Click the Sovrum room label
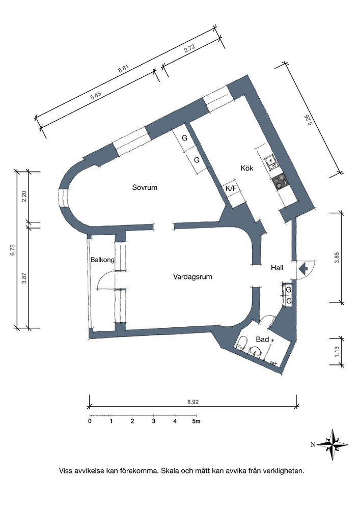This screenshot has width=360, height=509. click(x=145, y=187)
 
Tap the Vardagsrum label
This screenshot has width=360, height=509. click(x=192, y=277)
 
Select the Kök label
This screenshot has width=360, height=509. click(x=247, y=168)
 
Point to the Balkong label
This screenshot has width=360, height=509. click(x=102, y=260)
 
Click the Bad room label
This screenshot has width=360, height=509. click(x=262, y=340)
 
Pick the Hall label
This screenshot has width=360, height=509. click(x=277, y=268)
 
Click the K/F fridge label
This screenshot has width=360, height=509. click(x=231, y=189)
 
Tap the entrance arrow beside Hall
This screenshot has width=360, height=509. click(x=303, y=269)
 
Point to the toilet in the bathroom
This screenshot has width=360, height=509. click(x=241, y=343)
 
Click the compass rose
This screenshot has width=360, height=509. click(x=333, y=445)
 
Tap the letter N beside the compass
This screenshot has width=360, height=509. click(x=313, y=445)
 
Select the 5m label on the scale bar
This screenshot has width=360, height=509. click(x=196, y=421)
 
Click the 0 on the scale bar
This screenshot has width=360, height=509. click(x=90, y=421)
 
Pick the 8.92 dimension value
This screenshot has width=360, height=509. click(x=193, y=402)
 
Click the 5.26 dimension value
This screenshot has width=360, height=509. click(x=310, y=120)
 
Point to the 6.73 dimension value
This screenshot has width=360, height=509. click(x=12, y=249)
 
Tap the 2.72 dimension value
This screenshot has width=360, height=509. click(x=189, y=49)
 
